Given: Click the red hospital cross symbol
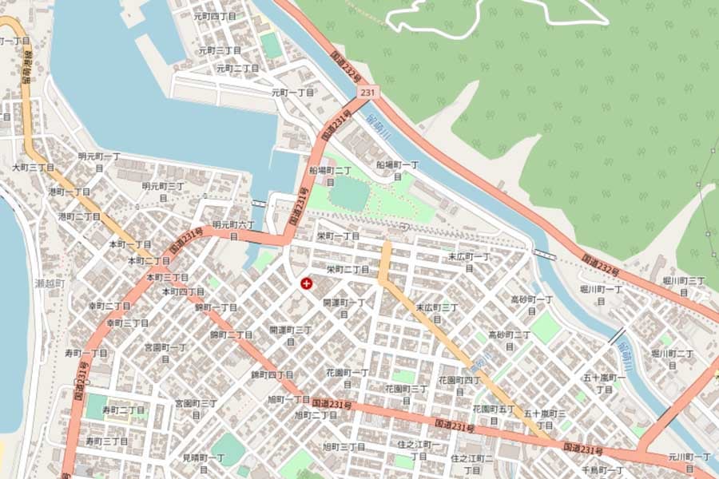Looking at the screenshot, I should [305, 283].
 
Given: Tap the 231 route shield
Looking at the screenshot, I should [367, 94].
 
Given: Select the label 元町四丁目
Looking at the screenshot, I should [215, 16].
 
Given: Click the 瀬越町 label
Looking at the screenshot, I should [50, 283].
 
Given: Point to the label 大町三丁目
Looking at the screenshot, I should [33, 168].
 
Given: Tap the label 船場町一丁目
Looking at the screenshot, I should [398, 169].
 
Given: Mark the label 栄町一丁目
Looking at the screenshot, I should [338, 237].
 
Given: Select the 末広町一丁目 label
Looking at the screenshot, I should [469, 262].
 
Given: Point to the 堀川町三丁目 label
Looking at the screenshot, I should [684, 286].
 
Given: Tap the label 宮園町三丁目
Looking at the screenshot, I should [196, 408].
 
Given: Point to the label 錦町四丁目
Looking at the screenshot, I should [272, 374].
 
